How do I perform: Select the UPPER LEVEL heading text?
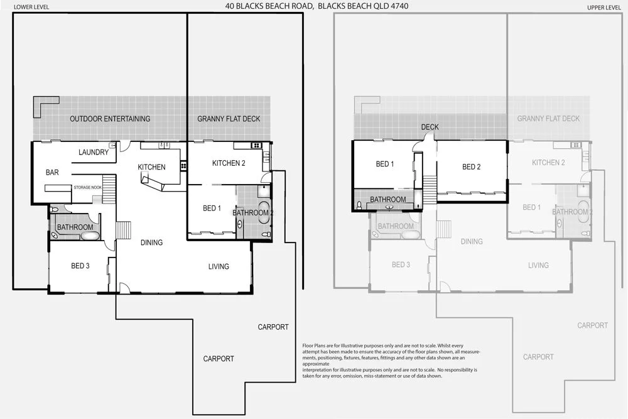pos(604,7)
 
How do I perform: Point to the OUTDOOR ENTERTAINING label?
pos(110,119)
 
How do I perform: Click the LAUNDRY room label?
pos(94,152)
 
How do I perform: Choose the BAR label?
pos(52,172)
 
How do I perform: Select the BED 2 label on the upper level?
pos(471,167)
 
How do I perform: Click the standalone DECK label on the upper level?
pos(430,127)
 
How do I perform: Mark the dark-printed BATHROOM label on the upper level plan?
pos(387,200)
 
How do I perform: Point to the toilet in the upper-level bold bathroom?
pos(359,205)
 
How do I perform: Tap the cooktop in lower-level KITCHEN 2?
pos(257,146)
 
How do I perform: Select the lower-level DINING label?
pos(151,242)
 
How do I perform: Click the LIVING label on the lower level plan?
pos(219,266)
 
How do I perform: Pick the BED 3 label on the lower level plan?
pos(80,266)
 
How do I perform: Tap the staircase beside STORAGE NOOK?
pos(110,187)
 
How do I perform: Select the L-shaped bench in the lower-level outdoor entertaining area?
pos(44,104)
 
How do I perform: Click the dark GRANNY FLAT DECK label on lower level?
pos(229,119)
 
